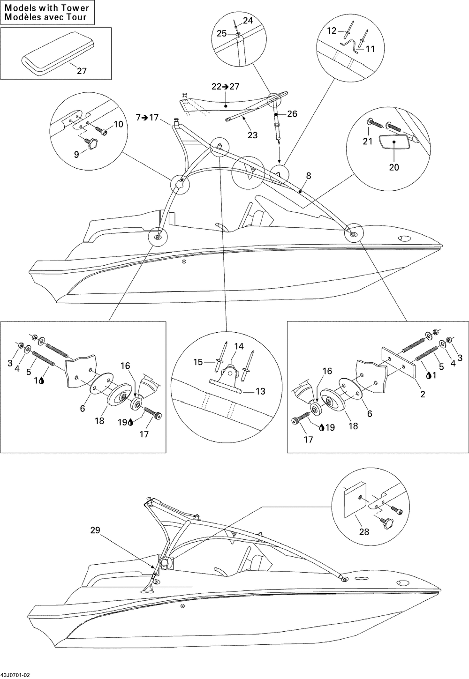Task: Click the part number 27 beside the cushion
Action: tap(82, 71)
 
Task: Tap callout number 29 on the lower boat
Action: tap(95, 530)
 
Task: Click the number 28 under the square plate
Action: tap(364, 532)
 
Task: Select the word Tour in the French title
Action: tap(76, 17)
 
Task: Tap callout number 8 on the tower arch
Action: tap(308, 176)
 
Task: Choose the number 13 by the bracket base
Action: tap(260, 391)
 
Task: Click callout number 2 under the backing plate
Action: tap(423, 394)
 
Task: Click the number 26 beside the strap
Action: tap(292, 114)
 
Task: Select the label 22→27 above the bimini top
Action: tap(225, 86)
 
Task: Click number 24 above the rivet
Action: tap(248, 21)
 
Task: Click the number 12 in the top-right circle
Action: tap(332, 31)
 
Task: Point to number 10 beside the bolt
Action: tap(118, 124)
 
